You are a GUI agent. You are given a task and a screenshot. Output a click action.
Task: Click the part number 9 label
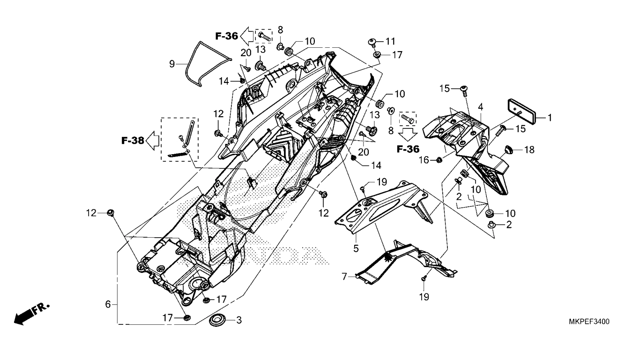click(172, 63)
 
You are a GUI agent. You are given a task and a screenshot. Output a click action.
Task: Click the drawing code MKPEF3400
click(589, 322)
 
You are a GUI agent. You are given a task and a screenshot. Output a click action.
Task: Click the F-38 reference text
click(132, 140)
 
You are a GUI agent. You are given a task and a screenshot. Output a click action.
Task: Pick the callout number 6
click(108, 304)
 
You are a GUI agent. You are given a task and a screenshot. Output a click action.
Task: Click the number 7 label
click(344, 277)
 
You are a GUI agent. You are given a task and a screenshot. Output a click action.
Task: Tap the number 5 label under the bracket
click(356, 248)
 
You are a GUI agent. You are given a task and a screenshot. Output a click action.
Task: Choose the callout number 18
click(529, 150)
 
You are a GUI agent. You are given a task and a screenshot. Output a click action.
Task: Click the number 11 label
click(391, 41)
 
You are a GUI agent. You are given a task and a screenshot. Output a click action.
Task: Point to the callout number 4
click(480, 107)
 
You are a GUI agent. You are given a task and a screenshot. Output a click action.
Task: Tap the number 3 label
click(238, 321)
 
